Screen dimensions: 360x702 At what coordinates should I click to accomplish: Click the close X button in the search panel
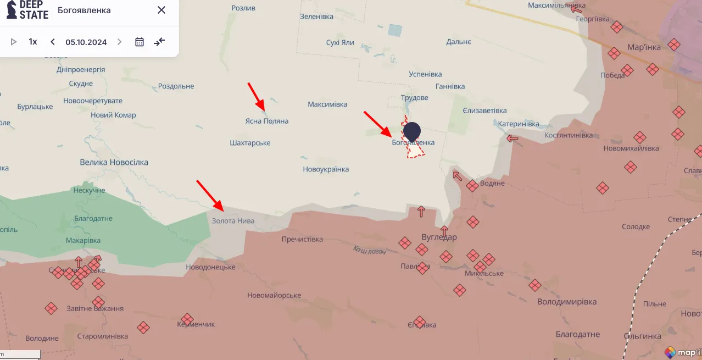click(x=161, y=10)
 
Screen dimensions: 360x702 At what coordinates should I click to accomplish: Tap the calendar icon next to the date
click(x=140, y=42)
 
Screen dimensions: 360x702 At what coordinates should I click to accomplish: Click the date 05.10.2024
click(x=86, y=42)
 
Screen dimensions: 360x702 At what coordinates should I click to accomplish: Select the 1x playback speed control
click(x=33, y=42)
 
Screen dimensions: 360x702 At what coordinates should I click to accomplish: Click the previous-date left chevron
click(x=53, y=42)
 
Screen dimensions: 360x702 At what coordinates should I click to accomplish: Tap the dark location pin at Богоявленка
click(x=411, y=132)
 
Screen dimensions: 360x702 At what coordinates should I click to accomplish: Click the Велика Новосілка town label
click(x=114, y=162)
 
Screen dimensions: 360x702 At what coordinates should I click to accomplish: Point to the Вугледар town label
click(x=439, y=237)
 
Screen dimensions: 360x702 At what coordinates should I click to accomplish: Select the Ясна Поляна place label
click(x=266, y=121)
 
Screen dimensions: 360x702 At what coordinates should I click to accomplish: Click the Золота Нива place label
click(x=233, y=220)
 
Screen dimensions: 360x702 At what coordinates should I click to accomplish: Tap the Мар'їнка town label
click(x=644, y=47)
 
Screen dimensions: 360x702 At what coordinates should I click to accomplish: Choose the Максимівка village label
click(x=327, y=104)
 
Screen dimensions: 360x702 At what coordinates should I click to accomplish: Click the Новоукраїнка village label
click(x=326, y=169)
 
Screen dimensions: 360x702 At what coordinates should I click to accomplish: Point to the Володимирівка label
click(x=566, y=301)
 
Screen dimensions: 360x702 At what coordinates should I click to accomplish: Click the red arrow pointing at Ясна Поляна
click(x=257, y=96)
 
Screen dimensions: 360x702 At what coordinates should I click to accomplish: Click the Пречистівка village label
click(x=302, y=239)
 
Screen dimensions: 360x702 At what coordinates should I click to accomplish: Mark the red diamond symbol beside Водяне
click(x=472, y=186)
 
